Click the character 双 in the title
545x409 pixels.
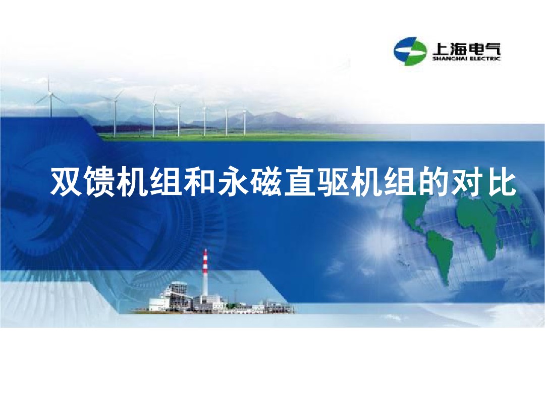66,182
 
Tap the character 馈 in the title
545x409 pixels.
100,182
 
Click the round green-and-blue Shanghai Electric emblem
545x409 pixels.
410,50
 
